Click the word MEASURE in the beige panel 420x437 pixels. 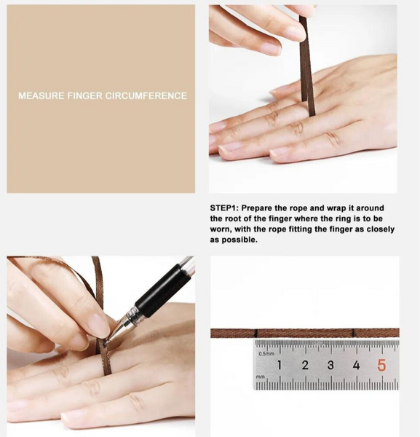pos(41,96)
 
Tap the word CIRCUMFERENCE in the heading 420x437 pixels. pos(146,96)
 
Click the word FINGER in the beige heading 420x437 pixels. pos(84,96)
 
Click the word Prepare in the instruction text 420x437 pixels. pos(256,208)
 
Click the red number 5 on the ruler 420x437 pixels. pos(381,366)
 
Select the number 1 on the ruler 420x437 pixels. pos(280,365)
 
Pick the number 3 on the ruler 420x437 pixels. pos(330,365)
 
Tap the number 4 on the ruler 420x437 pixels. pos(356,365)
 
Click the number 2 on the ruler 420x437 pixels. pos(305,365)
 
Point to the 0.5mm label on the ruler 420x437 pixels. pos(266,354)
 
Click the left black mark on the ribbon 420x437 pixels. pos(256,333)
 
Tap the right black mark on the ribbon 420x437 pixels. pos(354,333)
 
